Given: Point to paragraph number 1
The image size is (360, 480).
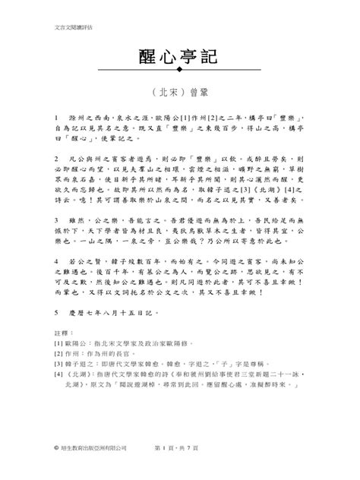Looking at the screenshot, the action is [x=57, y=119].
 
